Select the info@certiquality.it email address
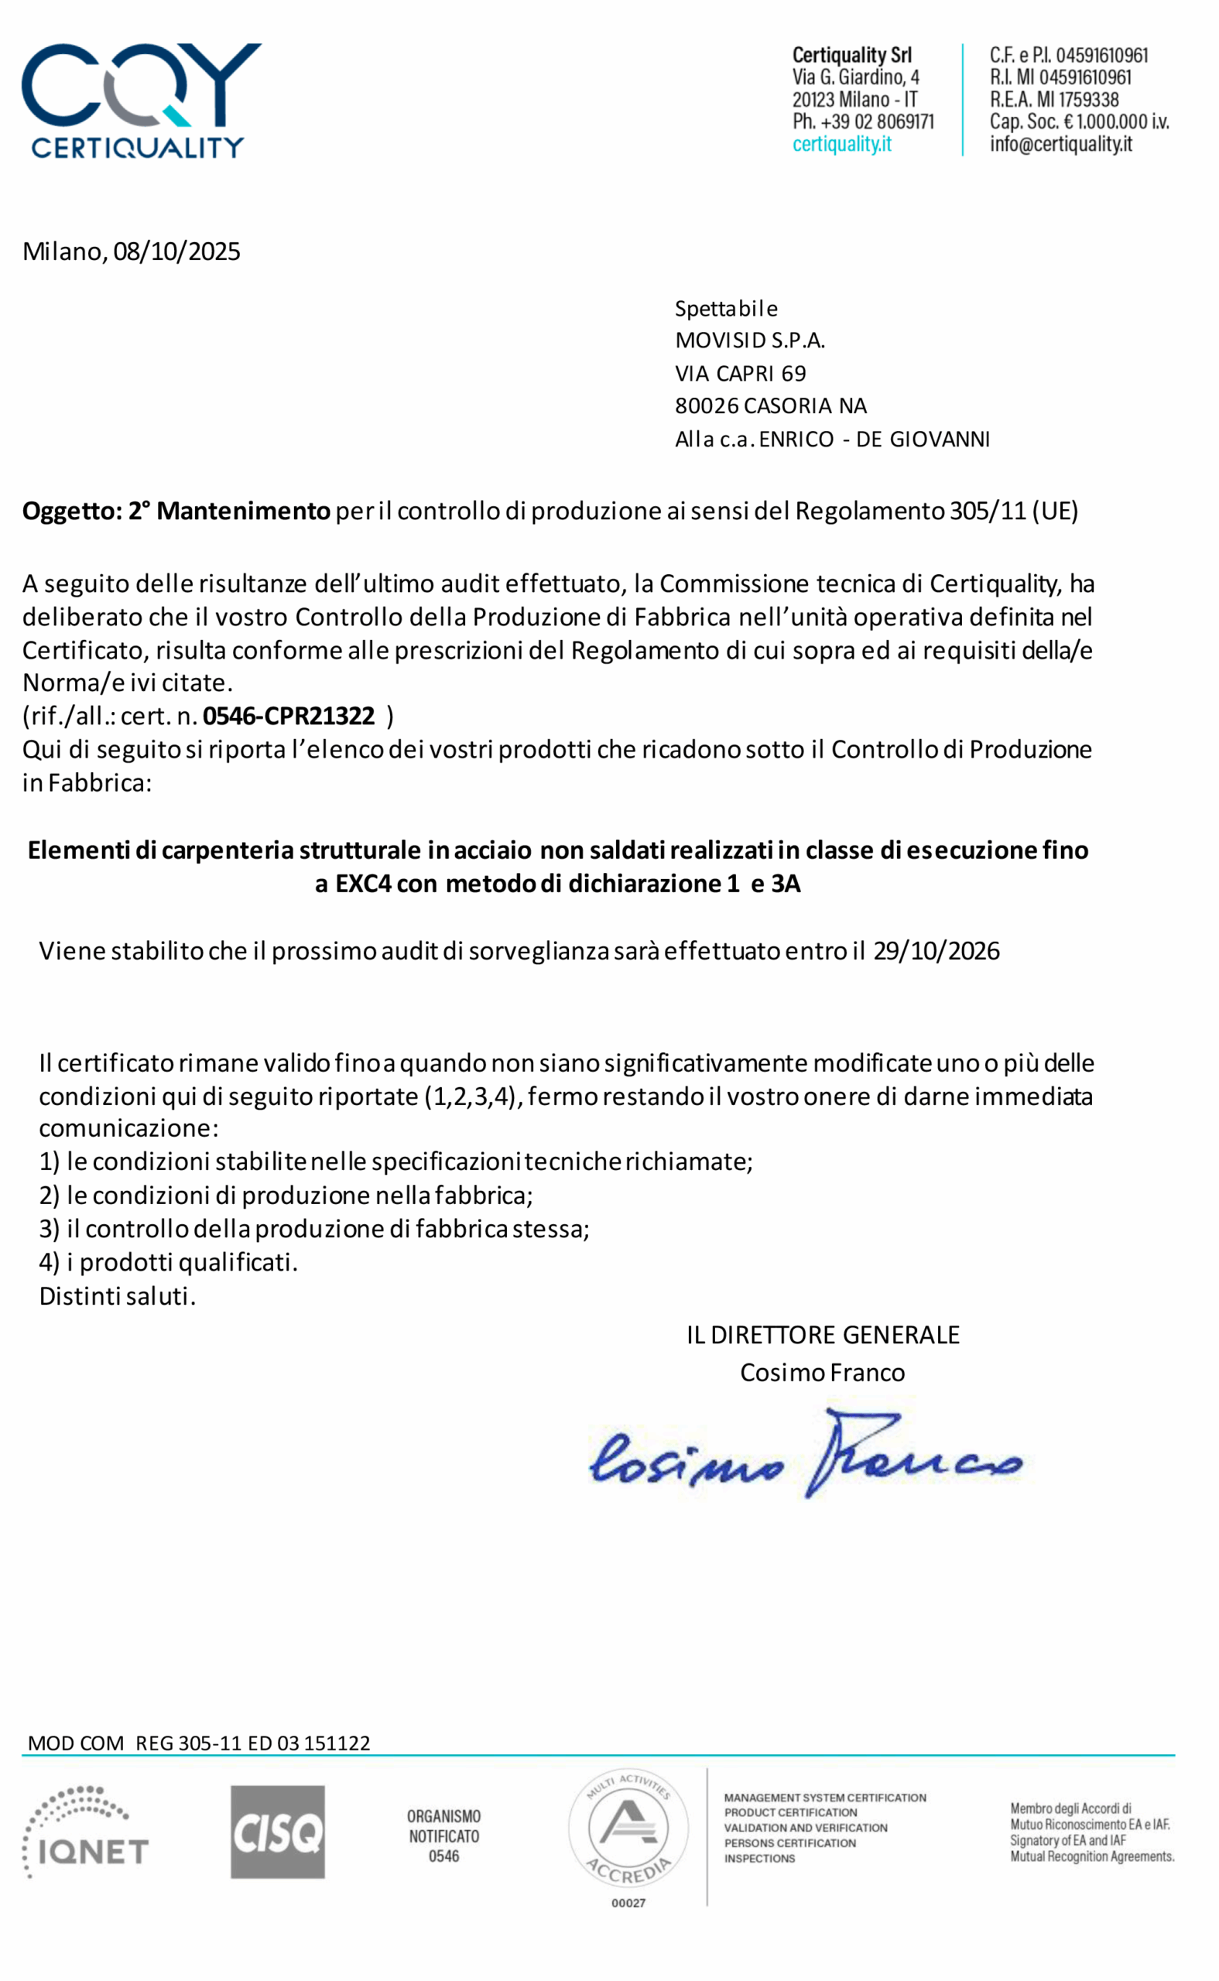pos(1060,144)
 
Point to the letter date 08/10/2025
pos(176,251)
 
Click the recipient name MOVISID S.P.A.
pos(750,340)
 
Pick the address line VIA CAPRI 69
pos(740,373)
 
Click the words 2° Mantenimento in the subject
pos(229,511)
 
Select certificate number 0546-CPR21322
pos(289,716)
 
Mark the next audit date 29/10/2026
pos(936,951)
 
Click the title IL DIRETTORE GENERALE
pos(822,1335)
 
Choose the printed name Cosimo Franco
pos(822,1373)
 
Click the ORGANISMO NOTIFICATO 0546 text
pos(443,1836)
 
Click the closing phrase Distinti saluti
pos(117,1296)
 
